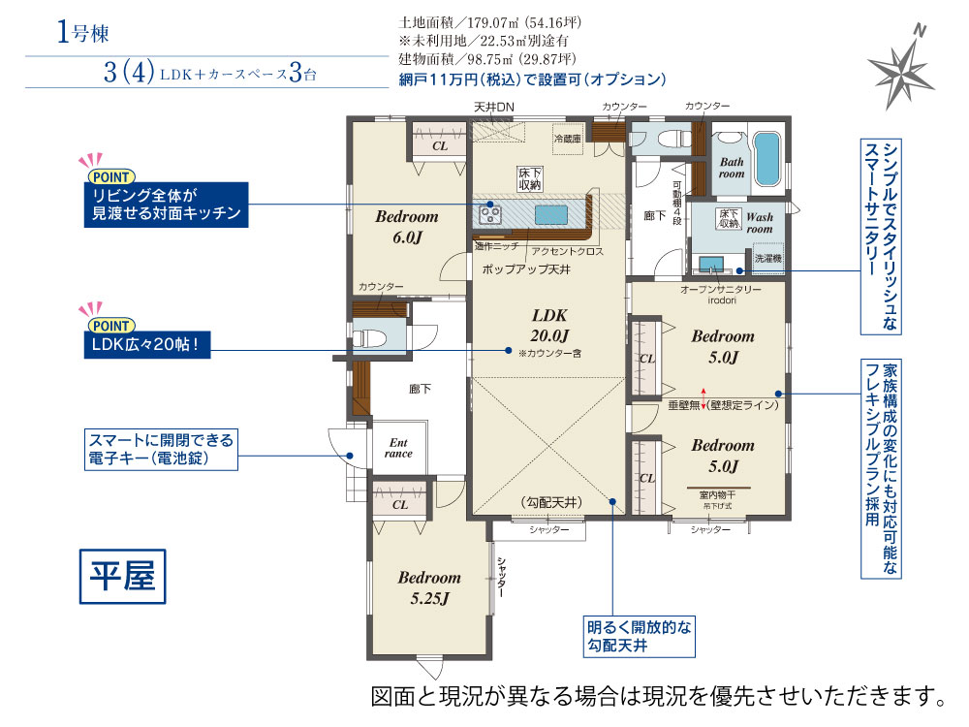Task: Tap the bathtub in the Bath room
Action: [x=767, y=158]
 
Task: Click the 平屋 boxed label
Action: [x=122, y=576]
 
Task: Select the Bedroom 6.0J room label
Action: [x=407, y=226]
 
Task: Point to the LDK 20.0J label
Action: [x=549, y=325]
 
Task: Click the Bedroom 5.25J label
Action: [x=429, y=587]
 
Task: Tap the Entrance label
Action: [x=398, y=448]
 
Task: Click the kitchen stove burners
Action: [x=490, y=214]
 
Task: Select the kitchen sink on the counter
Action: [x=551, y=214]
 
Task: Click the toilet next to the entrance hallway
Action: [x=369, y=337]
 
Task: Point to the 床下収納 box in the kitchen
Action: [x=530, y=179]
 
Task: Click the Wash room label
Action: [x=760, y=223]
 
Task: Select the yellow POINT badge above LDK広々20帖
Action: [x=111, y=326]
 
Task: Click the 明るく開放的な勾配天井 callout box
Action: [x=640, y=636]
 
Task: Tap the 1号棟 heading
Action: [x=82, y=32]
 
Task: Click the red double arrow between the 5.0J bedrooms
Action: [x=703, y=398]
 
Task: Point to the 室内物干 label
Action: [x=717, y=495]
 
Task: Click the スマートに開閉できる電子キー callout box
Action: [x=161, y=450]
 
